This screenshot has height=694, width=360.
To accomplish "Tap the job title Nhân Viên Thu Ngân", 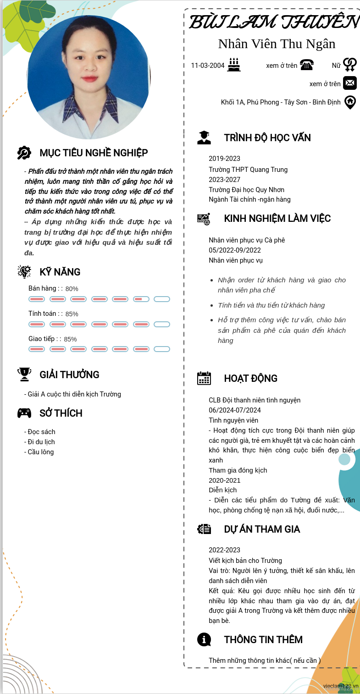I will coord(277,44).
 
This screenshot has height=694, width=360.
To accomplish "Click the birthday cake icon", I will coord(234,65).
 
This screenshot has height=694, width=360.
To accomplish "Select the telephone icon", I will coord(306,65).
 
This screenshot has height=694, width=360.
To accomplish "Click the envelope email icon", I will coord(350,83).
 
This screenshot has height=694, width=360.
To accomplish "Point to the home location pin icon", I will coord(350,102).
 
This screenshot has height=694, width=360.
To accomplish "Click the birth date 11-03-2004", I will coord(208,66).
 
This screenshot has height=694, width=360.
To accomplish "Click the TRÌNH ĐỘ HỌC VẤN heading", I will coord(267,138).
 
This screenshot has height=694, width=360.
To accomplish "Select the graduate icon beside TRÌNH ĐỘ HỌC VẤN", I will coord(204,138).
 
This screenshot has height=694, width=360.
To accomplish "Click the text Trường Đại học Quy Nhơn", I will coord(246,190).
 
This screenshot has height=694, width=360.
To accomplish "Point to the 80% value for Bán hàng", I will coord(72,289).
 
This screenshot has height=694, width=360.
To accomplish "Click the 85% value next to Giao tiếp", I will coord(70,339).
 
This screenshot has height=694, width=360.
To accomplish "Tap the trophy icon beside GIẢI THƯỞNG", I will coord(24,375).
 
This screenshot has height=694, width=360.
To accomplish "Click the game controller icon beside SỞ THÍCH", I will coord(24,413).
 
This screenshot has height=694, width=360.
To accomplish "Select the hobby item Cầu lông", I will coord(40,452).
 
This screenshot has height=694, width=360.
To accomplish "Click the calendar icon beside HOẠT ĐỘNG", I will coord(204,378).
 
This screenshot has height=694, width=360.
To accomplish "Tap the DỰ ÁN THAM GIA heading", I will coord(262,529).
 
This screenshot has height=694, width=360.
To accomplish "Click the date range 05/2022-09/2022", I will coord(235,250).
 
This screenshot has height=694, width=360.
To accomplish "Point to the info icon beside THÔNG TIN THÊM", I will coord(204,639).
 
